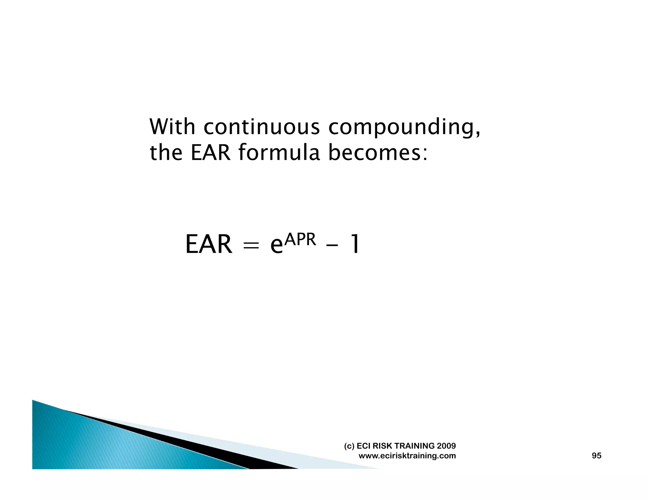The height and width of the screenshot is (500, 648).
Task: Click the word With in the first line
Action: tap(172, 127)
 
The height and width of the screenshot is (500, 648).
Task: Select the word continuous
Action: tap(261, 127)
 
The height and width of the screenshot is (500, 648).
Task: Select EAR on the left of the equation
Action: tap(209, 244)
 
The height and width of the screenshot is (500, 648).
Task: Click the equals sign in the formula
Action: tap(251, 245)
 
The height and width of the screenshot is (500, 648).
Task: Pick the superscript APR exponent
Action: tap(300, 240)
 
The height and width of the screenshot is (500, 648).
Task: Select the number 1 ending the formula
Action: tap(355, 244)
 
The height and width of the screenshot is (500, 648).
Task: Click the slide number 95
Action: tap(596, 456)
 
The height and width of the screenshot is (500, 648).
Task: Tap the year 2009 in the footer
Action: tap(446, 446)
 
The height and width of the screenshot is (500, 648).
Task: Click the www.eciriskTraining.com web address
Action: tap(407, 456)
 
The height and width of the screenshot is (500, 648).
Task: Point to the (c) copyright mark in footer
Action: tap(349, 446)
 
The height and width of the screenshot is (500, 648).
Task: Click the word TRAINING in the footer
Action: tap(414, 446)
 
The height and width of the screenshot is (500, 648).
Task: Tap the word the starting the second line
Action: tap(166, 153)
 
